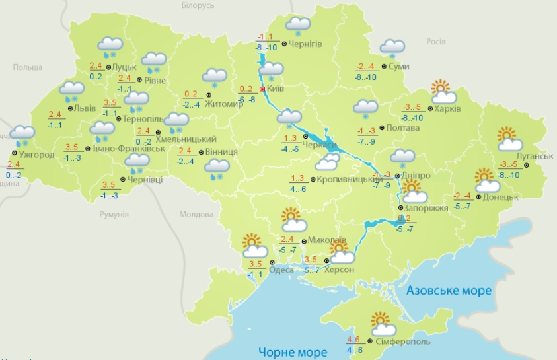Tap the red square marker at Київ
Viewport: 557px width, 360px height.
coord(262,89)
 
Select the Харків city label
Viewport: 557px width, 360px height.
coord(447,109)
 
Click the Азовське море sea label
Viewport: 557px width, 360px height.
coord(449,291)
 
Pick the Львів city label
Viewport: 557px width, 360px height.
coord(85,108)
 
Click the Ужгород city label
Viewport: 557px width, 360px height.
coord(37,155)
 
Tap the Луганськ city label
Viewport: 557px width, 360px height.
coord(535,156)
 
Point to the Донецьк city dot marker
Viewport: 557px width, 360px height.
coord(479,197)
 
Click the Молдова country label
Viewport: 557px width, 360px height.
coord(196,215)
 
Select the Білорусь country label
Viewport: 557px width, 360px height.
coord(198,5)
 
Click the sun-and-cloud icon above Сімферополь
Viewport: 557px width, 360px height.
coord(382,324)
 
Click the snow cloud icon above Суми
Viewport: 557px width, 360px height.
coord(392,48)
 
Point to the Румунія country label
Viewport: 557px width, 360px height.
coord(114,215)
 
